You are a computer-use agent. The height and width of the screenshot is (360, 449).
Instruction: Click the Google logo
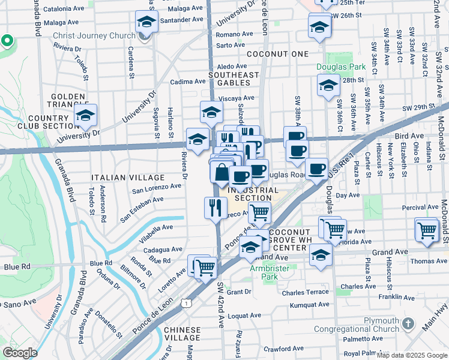19,353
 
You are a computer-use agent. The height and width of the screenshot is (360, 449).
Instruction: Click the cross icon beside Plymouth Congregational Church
408,325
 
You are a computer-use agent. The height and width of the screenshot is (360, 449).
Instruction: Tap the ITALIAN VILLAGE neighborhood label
128,178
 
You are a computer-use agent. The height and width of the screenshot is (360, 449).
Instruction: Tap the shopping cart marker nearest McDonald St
427,229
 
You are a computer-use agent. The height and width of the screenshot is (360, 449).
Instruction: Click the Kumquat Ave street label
309,305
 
